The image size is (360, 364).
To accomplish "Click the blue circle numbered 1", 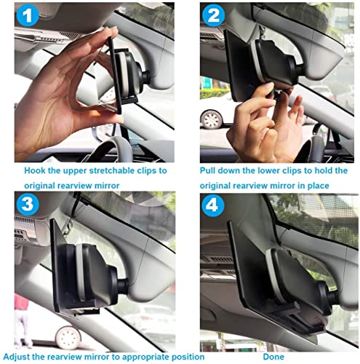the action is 28,15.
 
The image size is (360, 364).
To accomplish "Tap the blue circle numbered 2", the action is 213,15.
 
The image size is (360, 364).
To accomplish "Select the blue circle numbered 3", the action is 28,204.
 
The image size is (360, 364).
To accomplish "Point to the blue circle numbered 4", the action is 213,205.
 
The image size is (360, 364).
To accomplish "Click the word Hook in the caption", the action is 35,170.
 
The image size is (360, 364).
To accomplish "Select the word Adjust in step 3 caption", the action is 16,357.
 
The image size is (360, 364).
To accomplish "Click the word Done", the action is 273,357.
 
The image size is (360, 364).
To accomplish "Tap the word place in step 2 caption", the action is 319,186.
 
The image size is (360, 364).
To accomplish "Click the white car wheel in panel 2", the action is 211,119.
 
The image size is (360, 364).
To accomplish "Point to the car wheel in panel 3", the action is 68,338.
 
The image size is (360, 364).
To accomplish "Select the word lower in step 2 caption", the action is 270,170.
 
